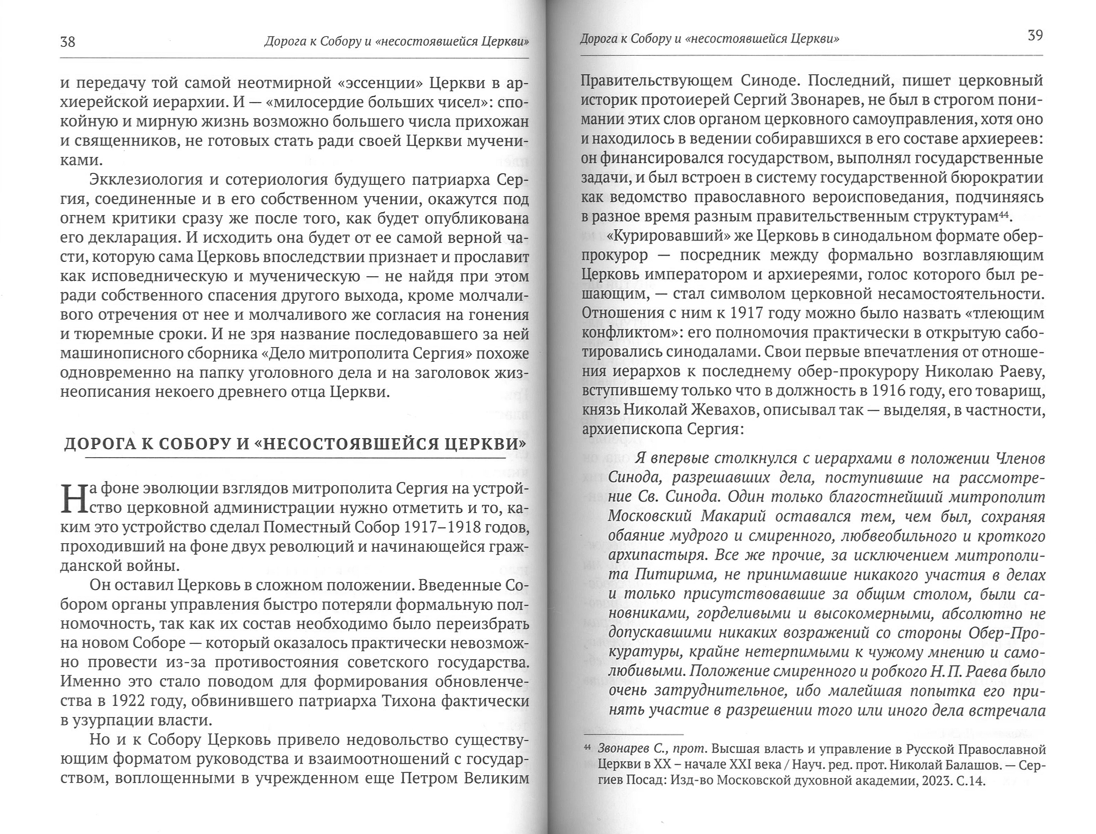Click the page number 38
click(67, 42)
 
